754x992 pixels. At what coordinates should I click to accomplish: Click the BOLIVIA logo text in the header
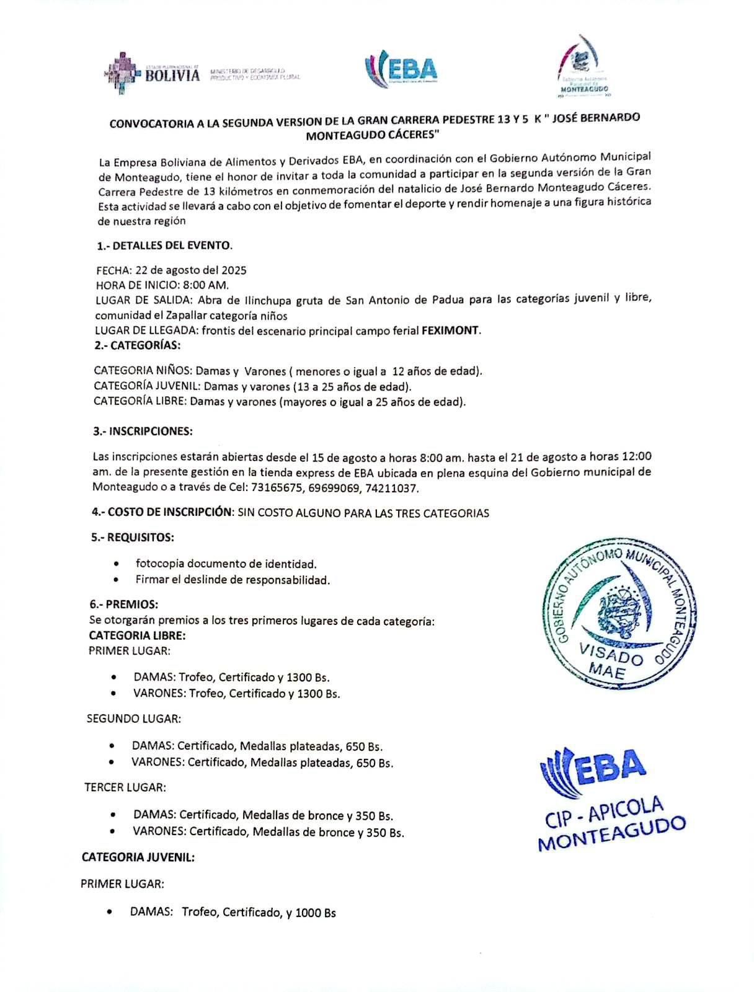tap(172, 75)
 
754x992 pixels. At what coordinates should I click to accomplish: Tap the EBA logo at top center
tap(402, 69)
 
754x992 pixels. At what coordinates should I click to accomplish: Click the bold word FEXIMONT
tap(450, 330)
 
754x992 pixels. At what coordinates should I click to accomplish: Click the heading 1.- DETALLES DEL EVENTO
tap(164, 246)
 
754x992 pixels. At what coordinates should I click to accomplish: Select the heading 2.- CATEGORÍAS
tap(137, 345)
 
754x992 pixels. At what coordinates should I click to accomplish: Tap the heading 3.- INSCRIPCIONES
tap(143, 431)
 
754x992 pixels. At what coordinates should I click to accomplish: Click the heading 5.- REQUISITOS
tap(132, 537)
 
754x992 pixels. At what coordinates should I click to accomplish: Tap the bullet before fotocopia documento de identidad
tap(117, 564)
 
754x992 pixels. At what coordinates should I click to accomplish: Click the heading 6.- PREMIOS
tap(123, 604)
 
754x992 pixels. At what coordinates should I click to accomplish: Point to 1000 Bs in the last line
tap(316, 913)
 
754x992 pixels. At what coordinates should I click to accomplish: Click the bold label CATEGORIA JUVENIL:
tap(138, 857)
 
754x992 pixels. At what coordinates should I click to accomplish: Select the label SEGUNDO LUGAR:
tap(133, 719)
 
